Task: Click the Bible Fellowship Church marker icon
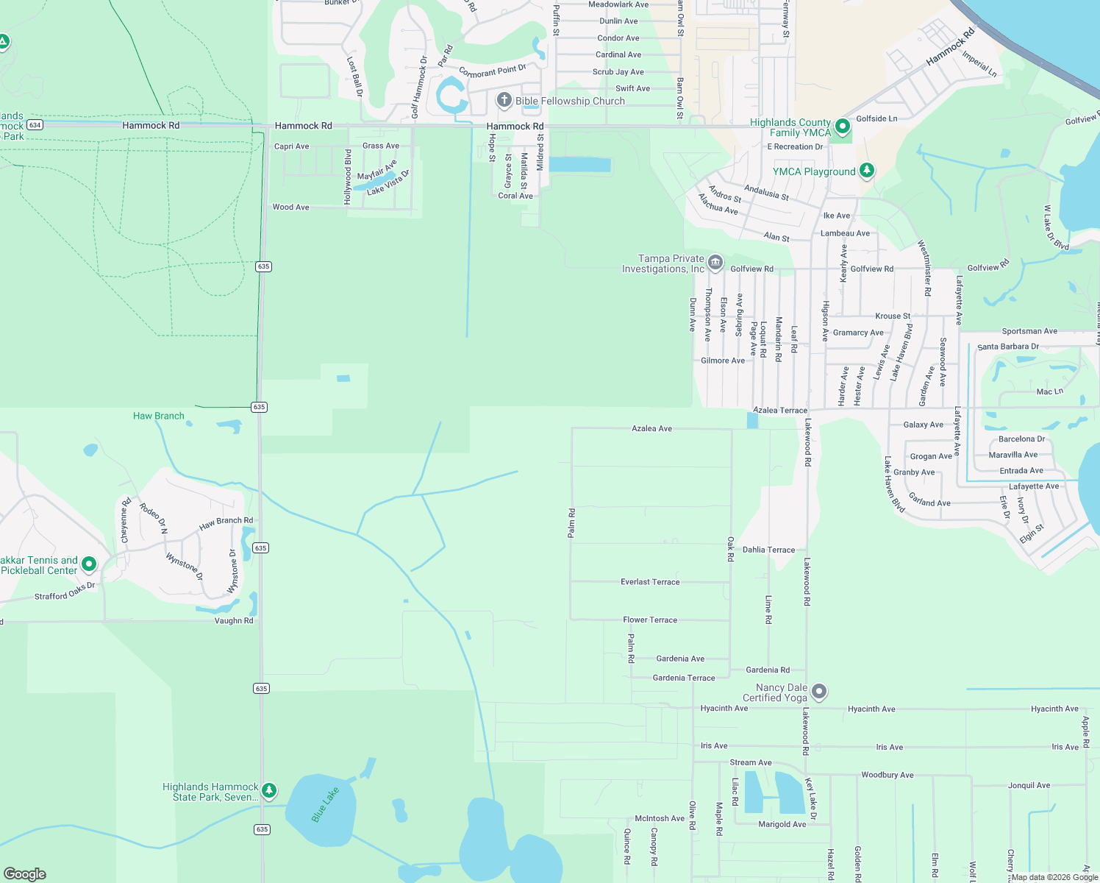504,100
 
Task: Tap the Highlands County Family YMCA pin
843,127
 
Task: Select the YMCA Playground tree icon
867,171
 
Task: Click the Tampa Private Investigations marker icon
715,263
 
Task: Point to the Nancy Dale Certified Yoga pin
819,692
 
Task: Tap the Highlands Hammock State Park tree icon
269,790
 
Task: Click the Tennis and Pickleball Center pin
89,564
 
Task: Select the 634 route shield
35,125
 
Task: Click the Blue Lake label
324,804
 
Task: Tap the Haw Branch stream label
158,416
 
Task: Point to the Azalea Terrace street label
779,410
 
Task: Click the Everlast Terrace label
650,582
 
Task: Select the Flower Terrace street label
650,620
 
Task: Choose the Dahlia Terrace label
768,550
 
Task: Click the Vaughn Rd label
233,620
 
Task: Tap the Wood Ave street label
290,207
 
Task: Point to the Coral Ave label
515,196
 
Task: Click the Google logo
25,873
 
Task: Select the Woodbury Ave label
887,775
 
